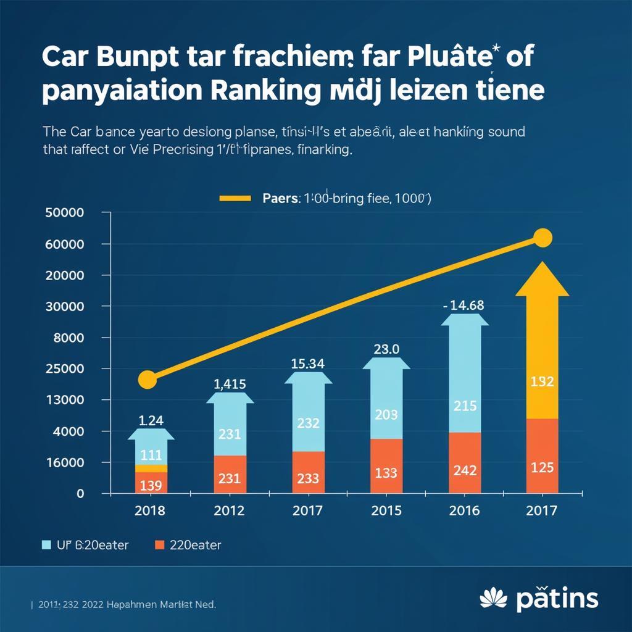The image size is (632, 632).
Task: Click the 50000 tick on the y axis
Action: tap(65, 213)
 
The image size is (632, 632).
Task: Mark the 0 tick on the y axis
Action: tap(80, 494)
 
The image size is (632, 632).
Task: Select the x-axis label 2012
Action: tap(229, 511)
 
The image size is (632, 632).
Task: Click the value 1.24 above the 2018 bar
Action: tap(151, 421)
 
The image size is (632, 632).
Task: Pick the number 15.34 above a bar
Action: tap(307, 364)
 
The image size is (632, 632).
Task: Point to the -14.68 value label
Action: tap(464, 305)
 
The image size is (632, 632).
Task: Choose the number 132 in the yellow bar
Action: tap(542, 382)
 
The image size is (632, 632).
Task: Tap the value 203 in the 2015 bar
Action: tap(386, 415)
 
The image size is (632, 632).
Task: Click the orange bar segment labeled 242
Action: tap(464, 463)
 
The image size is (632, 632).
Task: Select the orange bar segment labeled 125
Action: tap(542, 456)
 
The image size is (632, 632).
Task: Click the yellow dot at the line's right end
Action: tap(543, 238)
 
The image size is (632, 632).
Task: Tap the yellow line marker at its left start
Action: tap(147, 380)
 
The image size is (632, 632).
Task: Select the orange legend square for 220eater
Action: tap(160, 545)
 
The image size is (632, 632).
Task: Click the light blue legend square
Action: tap(46, 545)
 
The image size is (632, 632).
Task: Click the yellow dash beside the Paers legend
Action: tap(235, 199)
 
